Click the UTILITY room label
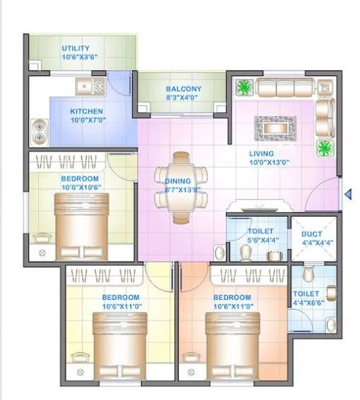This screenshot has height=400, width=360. pyautogui.click(x=76, y=48)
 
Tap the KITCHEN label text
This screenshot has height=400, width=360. pyautogui.click(x=87, y=111)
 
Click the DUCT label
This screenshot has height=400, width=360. pyautogui.click(x=311, y=234)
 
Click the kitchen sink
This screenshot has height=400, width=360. pyautogui.click(x=90, y=88)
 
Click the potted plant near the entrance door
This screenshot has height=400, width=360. pyautogui.click(x=325, y=148)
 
